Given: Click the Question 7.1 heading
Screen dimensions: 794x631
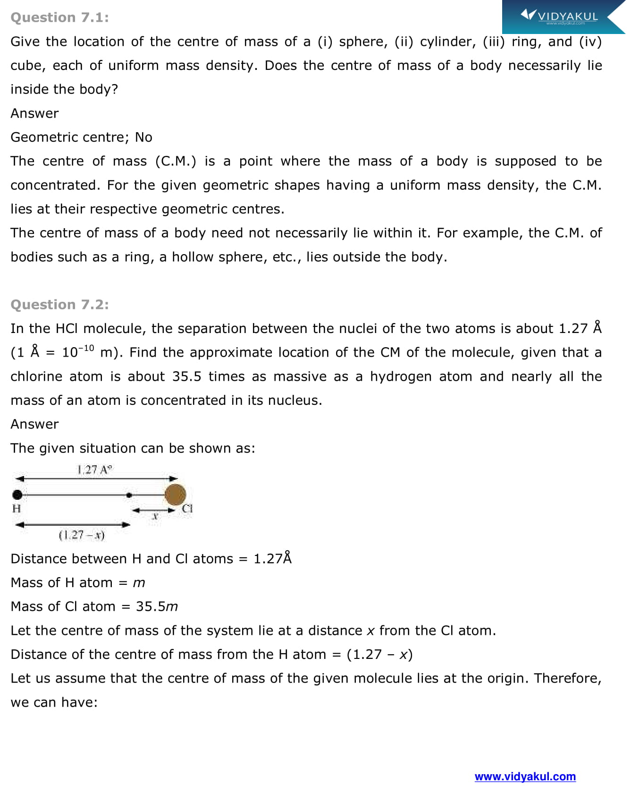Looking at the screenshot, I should pyautogui.click(x=59, y=17).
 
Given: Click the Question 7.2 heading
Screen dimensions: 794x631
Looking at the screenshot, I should pyautogui.click(x=59, y=305).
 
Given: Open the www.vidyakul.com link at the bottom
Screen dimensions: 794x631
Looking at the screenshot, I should pyautogui.click(x=525, y=777).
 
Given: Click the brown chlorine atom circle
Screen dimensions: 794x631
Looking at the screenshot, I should pyautogui.click(x=175, y=495).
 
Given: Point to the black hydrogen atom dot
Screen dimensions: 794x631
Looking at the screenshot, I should pyautogui.click(x=17, y=495).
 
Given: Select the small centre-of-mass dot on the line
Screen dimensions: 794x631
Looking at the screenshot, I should pyautogui.click(x=129, y=495).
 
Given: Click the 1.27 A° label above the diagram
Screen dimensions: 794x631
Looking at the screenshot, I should pyautogui.click(x=94, y=470).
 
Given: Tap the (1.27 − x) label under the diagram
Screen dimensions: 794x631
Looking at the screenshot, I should pyautogui.click(x=82, y=535).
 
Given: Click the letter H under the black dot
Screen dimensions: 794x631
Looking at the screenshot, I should pyautogui.click(x=17, y=509).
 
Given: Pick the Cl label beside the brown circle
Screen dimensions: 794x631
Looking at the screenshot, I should pyautogui.click(x=187, y=509).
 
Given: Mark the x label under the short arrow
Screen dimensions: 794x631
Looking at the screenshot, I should pyautogui.click(x=154, y=517).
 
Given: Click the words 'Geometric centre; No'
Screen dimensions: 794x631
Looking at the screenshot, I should pyautogui.click(x=81, y=137).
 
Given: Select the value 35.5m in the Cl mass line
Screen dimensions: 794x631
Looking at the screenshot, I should pyautogui.click(x=157, y=606).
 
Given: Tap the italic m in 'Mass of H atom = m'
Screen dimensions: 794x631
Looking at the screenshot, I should pyautogui.click(x=139, y=583).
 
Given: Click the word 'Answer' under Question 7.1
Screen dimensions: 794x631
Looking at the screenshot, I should pyautogui.click(x=34, y=113).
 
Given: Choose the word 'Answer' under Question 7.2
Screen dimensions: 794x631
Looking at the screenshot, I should pyautogui.click(x=34, y=424).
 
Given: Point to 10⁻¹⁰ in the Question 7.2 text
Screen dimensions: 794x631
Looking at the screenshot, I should pyautogui.click(x=78, y=352).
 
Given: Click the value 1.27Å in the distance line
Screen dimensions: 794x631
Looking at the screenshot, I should pyautogui.click(x=272, y=559).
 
